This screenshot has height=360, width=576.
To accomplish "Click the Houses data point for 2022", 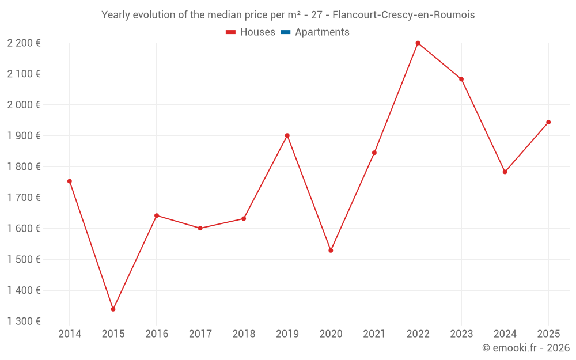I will [x=418, y=43].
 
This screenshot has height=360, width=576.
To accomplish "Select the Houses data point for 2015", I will [x=113, y=309].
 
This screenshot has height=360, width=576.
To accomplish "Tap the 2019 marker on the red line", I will [x=287, y=135].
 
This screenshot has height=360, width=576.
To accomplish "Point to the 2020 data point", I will [x=331, y=251].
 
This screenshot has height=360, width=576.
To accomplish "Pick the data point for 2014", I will [x=70, y=181].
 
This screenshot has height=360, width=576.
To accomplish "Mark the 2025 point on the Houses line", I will [x=548, y=122].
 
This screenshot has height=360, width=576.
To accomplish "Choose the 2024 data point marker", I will [x=505, y=172].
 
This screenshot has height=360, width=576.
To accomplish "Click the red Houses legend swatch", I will [x=230, y=32].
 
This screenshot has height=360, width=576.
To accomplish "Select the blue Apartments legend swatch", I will [x=285, y=32].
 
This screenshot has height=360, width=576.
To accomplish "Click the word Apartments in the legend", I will [x=322, y=32].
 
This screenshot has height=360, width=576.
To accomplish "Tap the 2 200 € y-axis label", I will [x=24, y=43].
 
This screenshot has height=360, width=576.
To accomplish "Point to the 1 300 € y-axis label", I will [x=24, y=321].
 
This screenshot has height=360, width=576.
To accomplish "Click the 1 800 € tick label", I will [x=24, y=166].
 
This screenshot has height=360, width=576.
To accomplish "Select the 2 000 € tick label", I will [x=24, y=105].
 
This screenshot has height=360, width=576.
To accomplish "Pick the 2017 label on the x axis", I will [x=200, y=334].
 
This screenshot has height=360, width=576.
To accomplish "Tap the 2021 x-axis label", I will [x=374, y=334].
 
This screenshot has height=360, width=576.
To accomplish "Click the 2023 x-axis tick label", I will [x=461, y=334].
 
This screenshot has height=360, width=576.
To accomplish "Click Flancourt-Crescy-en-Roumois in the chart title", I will [x=404, y=15].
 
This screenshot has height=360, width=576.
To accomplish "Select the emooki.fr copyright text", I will [x=526, y=348].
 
